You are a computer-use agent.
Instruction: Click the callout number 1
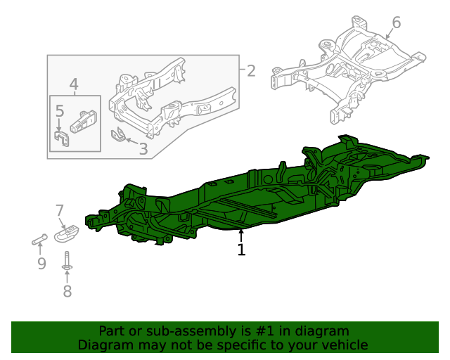[x=241, y=250]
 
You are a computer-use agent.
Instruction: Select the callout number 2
[x=251, y=70]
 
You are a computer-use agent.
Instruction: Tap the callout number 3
[x=143, y=148]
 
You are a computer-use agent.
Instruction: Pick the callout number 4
[x=74, y=86]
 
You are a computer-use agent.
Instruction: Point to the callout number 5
[x=60, y=110]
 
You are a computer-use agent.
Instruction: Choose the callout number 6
[x=396, y=22]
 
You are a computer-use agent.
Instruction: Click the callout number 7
[x=60, y=210]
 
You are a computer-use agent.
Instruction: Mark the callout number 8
[x=67, y=291]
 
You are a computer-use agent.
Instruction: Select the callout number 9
[x=41, y=264]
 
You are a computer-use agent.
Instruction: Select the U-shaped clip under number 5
[x=60, y=138]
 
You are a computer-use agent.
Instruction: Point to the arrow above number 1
[x=241, y=236]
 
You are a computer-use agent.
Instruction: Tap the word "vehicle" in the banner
[x=343, y=345]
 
